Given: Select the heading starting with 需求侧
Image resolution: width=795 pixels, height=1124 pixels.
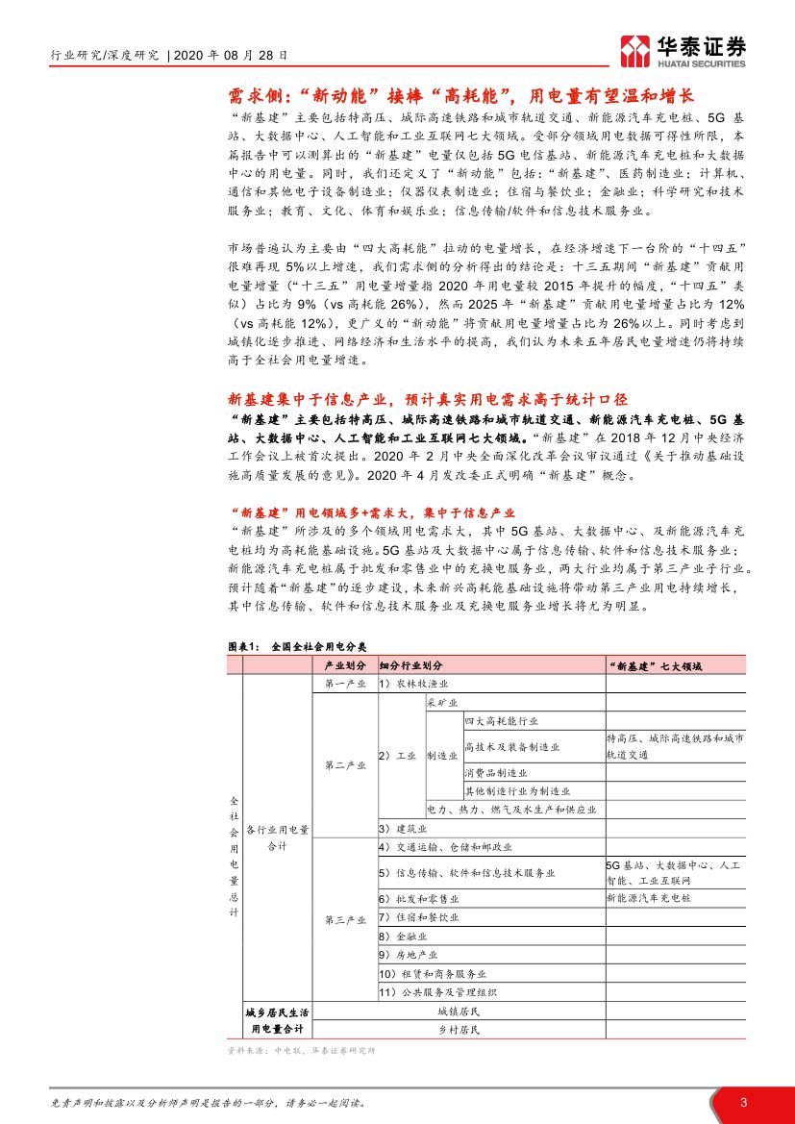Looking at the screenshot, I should (460, 95).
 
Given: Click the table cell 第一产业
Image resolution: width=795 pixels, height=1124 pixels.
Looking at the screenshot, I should (345, 683).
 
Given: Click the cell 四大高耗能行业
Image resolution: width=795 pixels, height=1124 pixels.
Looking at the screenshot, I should (501, 720).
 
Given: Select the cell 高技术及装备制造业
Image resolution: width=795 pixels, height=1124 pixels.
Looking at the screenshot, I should (511, 746).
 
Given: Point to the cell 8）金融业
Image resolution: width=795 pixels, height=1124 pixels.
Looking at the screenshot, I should (403, 935).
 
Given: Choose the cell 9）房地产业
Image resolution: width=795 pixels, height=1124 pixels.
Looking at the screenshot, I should (408, 954).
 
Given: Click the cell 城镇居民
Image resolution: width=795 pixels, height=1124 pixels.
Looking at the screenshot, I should (458, 1012).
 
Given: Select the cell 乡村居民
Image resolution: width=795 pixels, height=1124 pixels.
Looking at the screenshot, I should (458, 1030).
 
